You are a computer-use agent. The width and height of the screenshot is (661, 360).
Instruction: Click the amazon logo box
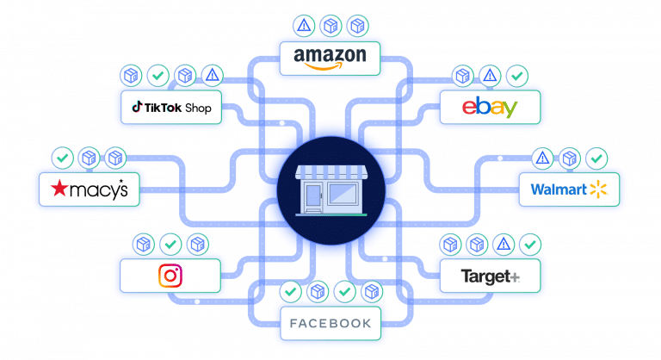330,59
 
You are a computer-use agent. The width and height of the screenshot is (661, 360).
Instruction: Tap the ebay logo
489,108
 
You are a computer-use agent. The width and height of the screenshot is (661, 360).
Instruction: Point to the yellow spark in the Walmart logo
598,189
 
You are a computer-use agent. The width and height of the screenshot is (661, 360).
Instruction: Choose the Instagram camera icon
170,276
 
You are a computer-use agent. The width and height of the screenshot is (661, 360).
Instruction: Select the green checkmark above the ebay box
516,76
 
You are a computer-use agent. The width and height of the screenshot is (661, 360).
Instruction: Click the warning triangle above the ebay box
490,76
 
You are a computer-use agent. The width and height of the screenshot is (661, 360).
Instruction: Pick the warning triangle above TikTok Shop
211,76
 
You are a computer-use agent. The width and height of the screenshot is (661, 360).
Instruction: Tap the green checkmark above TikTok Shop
158,76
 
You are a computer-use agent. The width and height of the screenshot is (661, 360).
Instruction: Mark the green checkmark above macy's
61,158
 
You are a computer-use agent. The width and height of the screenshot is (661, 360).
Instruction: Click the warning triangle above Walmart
542,158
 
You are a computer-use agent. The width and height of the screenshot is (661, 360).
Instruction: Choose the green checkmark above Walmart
596,158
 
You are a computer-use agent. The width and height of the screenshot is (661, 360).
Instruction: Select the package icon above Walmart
569,158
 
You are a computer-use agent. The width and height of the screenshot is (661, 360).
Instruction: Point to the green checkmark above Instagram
170,245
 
